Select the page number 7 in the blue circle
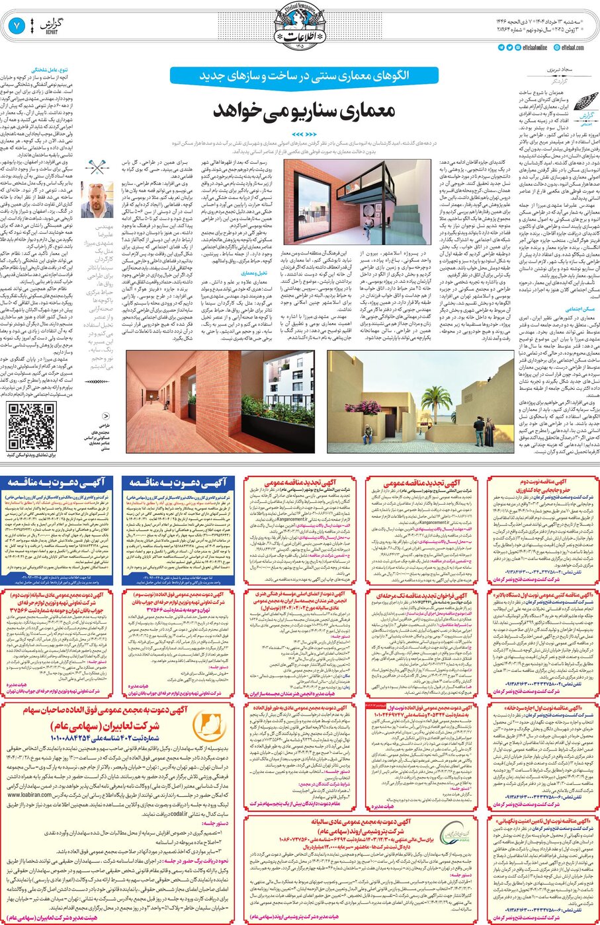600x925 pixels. pyautogui.click(x=17, y=26)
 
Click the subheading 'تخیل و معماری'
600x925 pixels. pyautogui.click(x=254, y=272)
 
